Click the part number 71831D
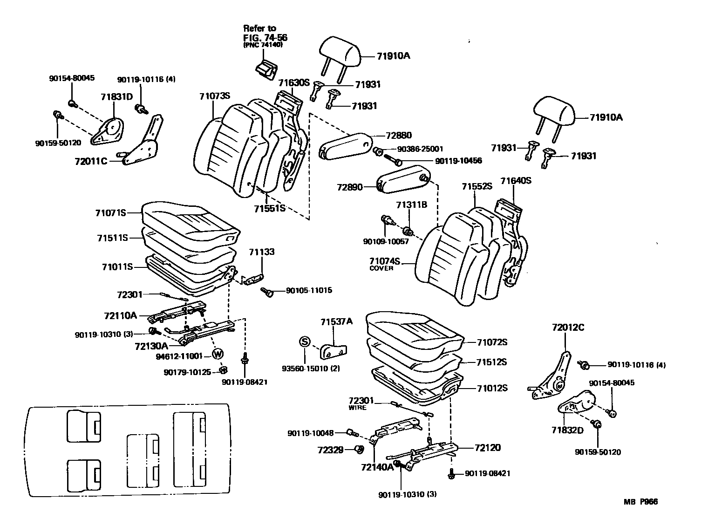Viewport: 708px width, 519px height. (x=117, y=96)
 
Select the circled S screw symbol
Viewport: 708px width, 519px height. (x=304, y=342)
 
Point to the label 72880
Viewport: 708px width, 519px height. (x=399, y=136)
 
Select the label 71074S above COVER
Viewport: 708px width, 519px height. (x=385, y=261)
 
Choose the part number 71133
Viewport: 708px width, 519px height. (x=261, y=252)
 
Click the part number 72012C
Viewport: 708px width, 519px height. (x=568, y=328)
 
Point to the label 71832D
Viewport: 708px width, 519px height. (x=567, y=430)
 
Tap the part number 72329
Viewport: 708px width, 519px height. (x=331, y=450)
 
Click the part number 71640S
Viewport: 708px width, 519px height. (x=516, y=180)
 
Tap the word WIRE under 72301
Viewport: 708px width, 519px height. (x=358, y=408)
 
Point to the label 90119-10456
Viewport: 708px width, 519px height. (x=458, y=161)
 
